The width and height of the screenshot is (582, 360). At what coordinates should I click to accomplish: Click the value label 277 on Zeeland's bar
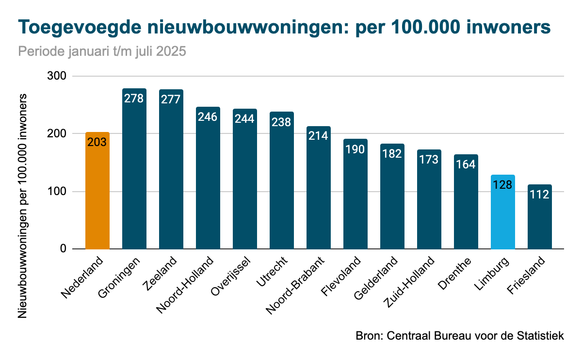[171, 99]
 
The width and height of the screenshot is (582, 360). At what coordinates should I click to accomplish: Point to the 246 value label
[208, 116]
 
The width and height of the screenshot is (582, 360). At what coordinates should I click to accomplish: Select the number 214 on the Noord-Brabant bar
[319, 135]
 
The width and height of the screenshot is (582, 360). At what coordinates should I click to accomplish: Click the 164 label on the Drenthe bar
[466, 164]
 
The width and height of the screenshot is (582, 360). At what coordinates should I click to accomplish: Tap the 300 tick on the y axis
[57, 76]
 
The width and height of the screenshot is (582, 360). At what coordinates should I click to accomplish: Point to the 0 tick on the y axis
[63, 249]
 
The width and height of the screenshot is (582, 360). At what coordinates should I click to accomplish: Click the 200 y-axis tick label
[57, 133]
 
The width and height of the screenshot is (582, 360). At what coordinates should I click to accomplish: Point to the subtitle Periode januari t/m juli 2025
[102, 51]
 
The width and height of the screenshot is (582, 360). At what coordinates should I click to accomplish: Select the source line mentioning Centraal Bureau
[460, 335]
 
